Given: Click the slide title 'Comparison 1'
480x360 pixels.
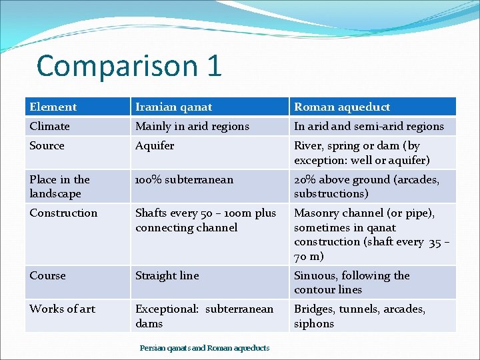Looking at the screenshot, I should tap(129, 66).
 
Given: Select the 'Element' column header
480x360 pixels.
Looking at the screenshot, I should tap(53, 107).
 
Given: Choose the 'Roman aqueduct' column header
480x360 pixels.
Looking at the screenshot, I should tap(342, 107).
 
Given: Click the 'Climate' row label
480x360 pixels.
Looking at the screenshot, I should tap(49, 126).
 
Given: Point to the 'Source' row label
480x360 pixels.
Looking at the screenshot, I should tap(47, 145).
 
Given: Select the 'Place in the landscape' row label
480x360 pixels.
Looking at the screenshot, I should tap(59, 186).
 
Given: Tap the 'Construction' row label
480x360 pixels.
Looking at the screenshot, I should tap(63, 213).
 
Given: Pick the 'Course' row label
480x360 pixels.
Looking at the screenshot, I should tap(47, 275).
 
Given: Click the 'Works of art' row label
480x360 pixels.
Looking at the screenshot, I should tap(62, 309).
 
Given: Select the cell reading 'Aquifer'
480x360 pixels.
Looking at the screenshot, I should tap(155, 145).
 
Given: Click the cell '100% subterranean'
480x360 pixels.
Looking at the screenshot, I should tap(184, 179).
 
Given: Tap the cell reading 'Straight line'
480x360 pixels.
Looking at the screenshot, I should tap(167, 275).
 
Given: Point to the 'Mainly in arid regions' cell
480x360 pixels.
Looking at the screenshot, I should tap(192, 126).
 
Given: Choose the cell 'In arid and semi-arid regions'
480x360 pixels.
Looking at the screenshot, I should tap(369, 126).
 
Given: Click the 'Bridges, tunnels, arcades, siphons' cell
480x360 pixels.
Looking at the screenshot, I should tap(359, 316).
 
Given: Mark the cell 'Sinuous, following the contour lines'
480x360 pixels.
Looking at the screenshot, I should tap(352, 282).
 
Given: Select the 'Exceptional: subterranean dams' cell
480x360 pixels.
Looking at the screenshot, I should tap(204, 316).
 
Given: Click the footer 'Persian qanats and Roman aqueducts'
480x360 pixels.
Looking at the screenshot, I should tap(205, 348).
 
